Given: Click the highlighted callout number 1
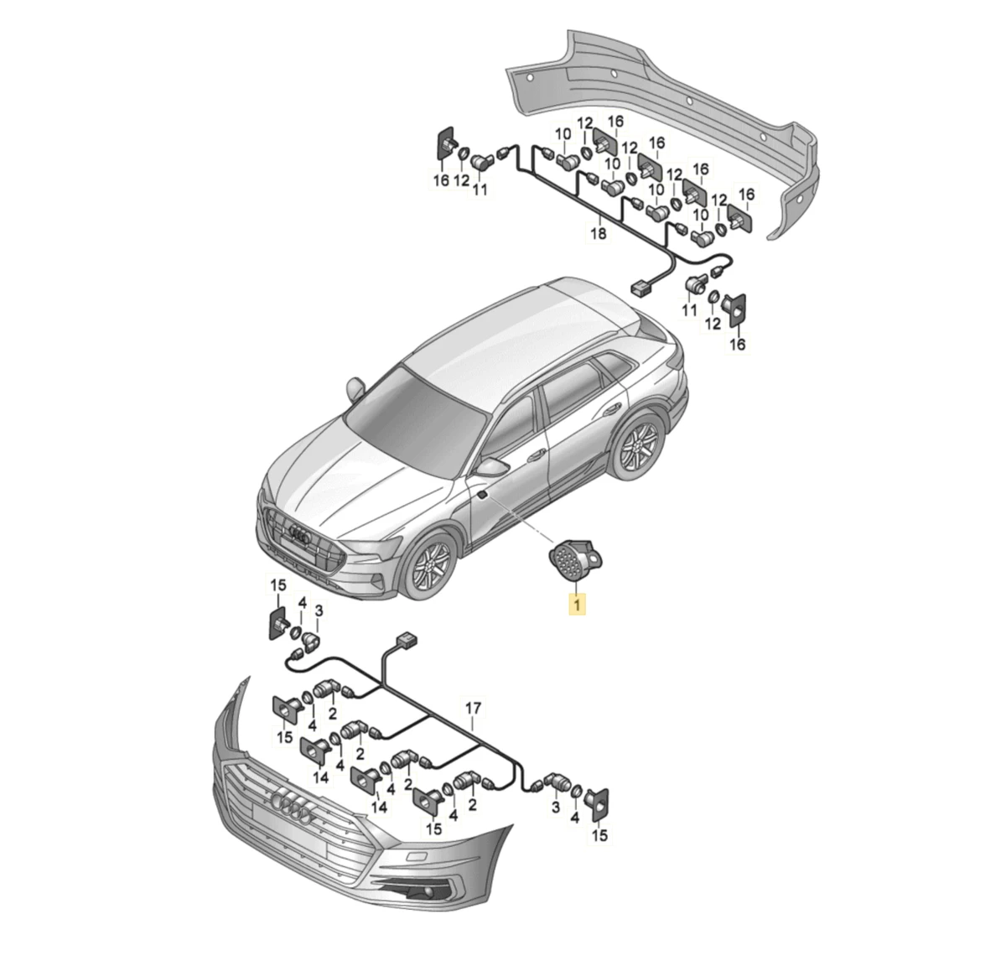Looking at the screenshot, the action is pos(577,603).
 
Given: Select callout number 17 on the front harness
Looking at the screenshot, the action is pos(473,708).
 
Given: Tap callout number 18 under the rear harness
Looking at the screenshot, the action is pos(598,234).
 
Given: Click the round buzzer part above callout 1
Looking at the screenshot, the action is pos(575,559).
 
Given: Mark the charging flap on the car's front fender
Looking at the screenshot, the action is pos(484,494).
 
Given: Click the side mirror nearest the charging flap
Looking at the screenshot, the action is pos(491,466).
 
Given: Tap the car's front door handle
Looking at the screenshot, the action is pos(536,455).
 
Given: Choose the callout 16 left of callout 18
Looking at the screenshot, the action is pos(441,180).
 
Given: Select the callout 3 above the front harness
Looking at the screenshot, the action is pos(319,610).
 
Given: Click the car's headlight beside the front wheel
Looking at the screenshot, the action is pos(373,545).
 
